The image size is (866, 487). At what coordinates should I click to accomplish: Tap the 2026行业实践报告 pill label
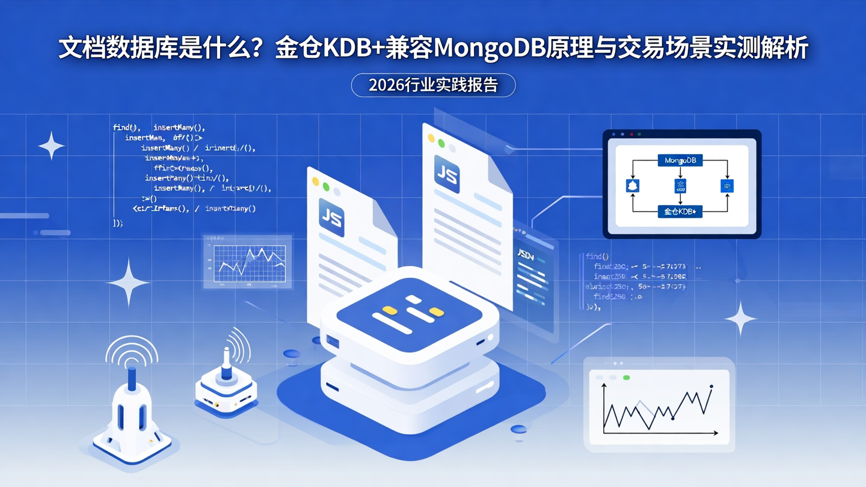[433, 85]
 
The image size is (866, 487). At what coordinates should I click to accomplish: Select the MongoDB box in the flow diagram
[680, 161]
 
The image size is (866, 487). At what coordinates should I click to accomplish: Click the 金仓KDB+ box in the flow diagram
[680, 212]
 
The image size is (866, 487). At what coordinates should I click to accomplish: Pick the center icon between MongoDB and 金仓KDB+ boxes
[680, 186]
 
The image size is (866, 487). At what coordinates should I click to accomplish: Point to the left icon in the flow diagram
[633, 186]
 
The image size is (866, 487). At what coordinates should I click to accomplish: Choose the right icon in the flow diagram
[727, 186]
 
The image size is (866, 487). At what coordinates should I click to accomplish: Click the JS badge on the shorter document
[331, 218]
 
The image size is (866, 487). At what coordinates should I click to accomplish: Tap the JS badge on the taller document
[447, 174]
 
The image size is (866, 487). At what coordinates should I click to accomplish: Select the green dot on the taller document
[441, 143]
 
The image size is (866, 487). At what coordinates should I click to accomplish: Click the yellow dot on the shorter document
[315, 181]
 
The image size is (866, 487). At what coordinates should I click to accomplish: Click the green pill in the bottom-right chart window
[627, 378]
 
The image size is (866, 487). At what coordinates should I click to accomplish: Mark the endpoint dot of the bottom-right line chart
[711, 387]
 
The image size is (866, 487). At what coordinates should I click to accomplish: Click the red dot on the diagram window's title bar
[622, 134]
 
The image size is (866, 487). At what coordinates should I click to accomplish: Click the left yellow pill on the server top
[390, 310]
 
